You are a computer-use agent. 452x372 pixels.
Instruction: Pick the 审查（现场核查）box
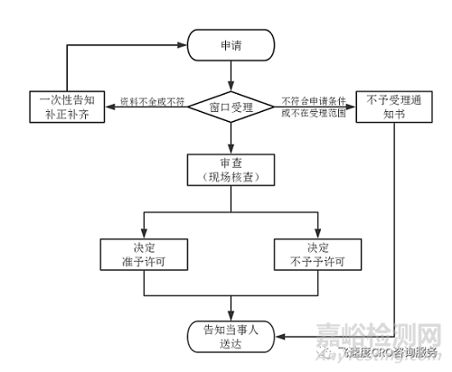[x=230, y=171]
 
